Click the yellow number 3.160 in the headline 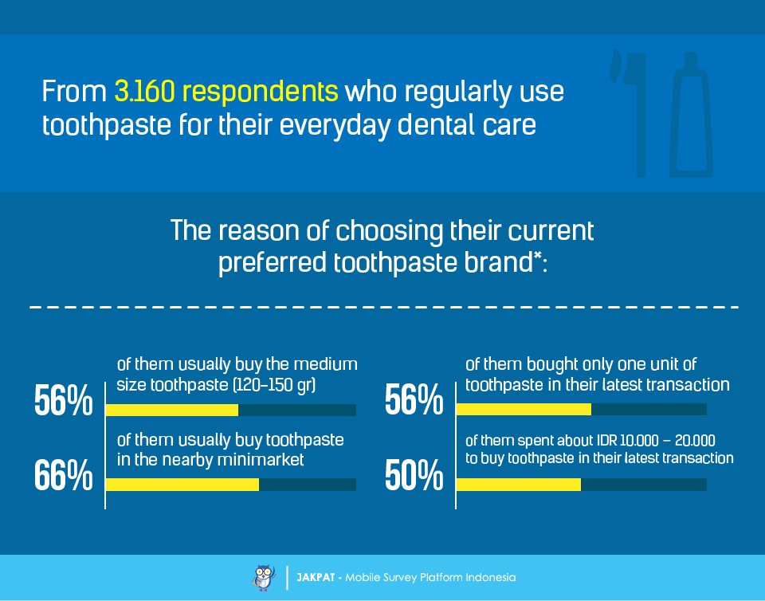pyautogui.click(x=145, y=91)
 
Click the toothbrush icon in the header pyautogui.click(x=629, y=112)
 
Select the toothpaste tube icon pyautogui.click(x=691, y=114)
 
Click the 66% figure pyautogui.click(x=64, y=474)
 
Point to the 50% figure pyautogui.click(x=414, y=474)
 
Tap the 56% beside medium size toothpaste pyautogui.click(x=64, y=400)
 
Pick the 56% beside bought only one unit pyautogui.click(x=414, y=400)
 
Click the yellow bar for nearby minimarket pyautogui.click(x=182, y=485)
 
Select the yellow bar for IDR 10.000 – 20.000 pyautogui.click(x=519, y=485)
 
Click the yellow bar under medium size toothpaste pyautogui.click(x=172, y=410)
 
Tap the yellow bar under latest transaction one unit pyautogui.click(x=524, y=409)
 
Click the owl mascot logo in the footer pyautogui.click(x=264, y=578)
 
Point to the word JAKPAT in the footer pyautogui.click(x=316, y=578)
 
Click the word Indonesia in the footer pyautogui.click(x=490, y=578)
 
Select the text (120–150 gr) pyautogui.click(x=274, y=385)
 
